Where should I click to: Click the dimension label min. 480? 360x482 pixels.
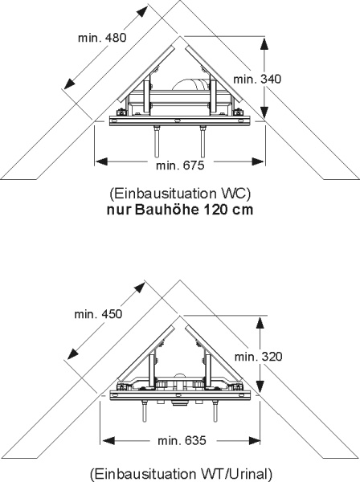pyautogui.click(x=102, y=38)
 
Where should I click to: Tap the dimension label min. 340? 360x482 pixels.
pyautogui.click(x=257, y=80)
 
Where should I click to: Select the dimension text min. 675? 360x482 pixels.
pyautogui.click(x=180, y=165)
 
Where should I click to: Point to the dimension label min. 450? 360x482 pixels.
pyautogui.click(x=98, y=314)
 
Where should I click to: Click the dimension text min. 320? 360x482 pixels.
pyautogui.click(x=258, y=357)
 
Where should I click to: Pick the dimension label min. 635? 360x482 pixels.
pyautogui.click(x=182, y=441)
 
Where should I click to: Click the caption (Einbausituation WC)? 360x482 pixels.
pyautogui.click(x=180, y=194)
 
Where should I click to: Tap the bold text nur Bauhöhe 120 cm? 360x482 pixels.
pyautogui.click(x=180, y=210)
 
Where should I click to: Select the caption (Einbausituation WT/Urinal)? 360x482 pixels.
pyautogui.click(x=182, y=474)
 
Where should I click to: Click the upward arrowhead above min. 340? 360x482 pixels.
pyautogui.click(x=264, y=44)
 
